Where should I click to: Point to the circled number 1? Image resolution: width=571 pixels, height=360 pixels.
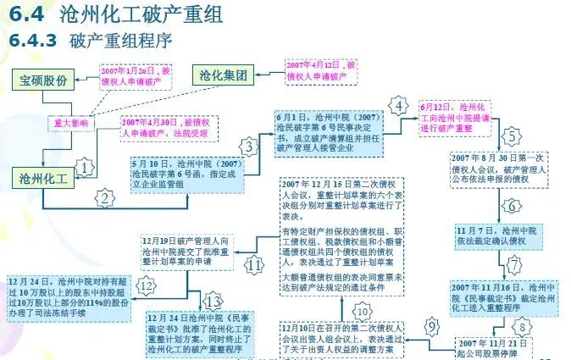click(x=85, y=168)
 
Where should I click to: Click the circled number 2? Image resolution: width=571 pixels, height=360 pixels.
click(x=105, y=199)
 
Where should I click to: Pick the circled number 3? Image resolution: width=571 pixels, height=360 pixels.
click(x=248, y=147)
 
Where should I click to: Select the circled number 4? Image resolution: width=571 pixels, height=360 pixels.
click(x=398, y=107)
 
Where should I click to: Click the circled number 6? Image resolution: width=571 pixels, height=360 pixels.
click(x=512, y=206)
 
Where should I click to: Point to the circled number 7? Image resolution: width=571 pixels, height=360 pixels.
click(x=514, y=264)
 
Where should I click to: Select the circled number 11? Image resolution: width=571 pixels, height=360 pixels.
click(x=256, y=263)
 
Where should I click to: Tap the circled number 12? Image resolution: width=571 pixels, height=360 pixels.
click(x=147, y=286)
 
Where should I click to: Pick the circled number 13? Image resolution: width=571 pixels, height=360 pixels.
click(x=213, y=302)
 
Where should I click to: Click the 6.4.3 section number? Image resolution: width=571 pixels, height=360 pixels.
click(x=32, y=40)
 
